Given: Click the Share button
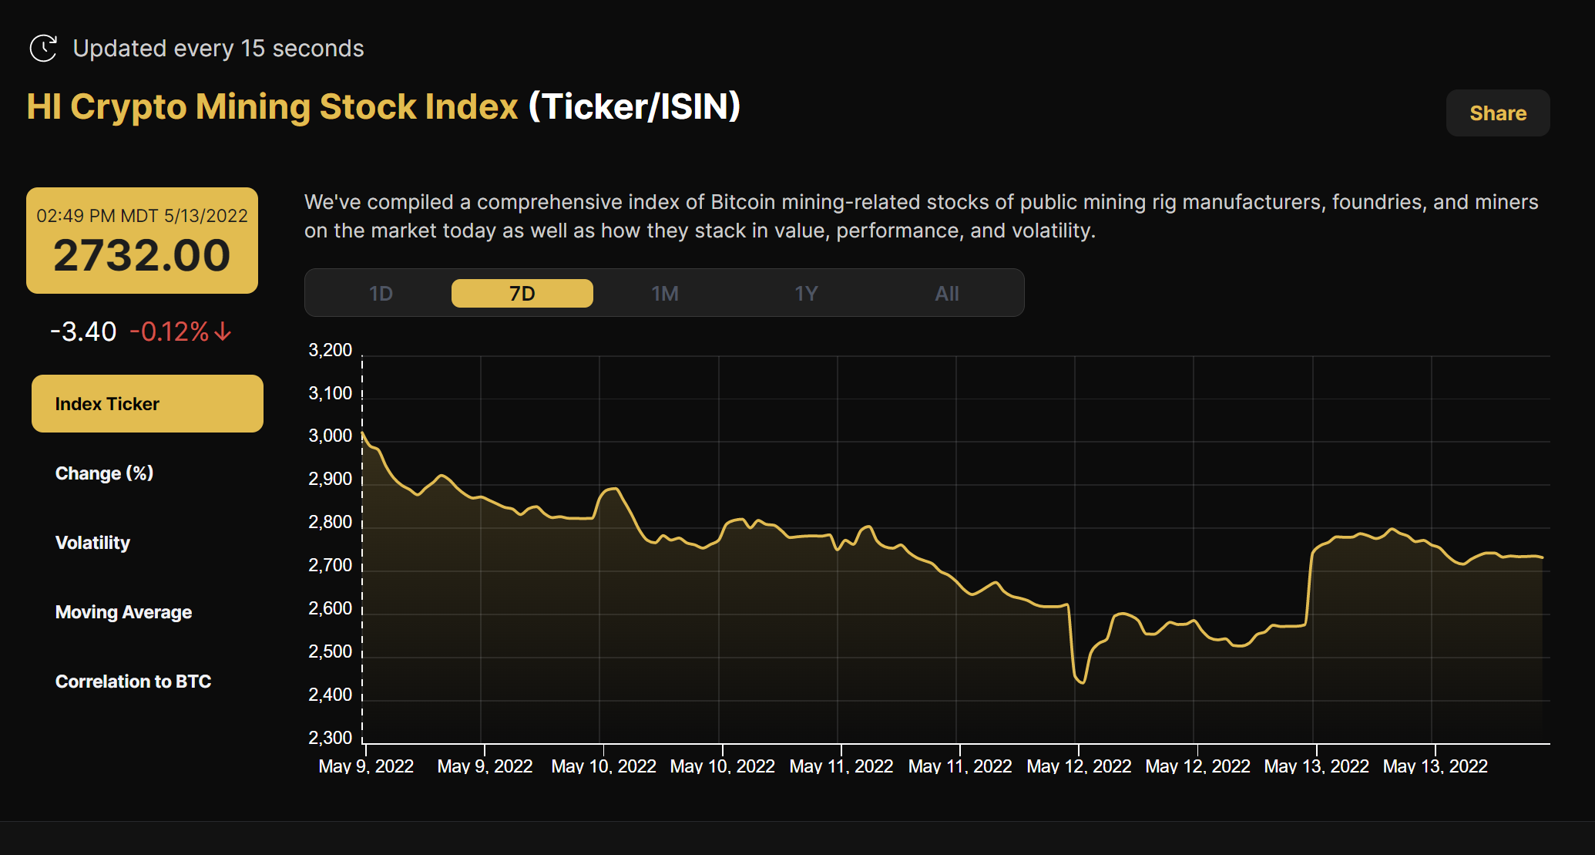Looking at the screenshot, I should click(x=1497, y=113).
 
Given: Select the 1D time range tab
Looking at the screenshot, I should click(x=381, y=294).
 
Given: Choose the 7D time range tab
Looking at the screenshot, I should click(x=522, y=294).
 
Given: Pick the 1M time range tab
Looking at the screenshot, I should click(x=664, y=294).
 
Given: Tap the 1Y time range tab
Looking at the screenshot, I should click(x=806, y=294).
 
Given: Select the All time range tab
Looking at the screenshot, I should click(x=947, y=294).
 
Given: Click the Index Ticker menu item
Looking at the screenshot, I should click(x=147, y=404).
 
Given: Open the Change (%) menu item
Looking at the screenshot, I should click(x=104, y=473).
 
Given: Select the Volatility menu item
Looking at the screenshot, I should click(x=92, y=543).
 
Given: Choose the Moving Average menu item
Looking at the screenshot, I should click(x=123, y=612).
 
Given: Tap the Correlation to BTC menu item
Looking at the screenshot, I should click(x=133, y=682).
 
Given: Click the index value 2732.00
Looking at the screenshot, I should click(x=142, y=256).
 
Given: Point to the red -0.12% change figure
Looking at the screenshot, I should click(x=170, y=332).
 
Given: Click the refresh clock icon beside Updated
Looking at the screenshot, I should click(x=43, y=48).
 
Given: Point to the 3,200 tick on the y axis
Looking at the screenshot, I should click(x=330, y=350).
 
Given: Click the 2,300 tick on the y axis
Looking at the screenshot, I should click(x=330, y=738).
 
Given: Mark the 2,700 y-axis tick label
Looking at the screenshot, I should click(x=330, y=565).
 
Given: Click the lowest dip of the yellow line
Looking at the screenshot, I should click(x=1083, y=682).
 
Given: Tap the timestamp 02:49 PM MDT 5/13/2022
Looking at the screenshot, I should click(x=142, y=216).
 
